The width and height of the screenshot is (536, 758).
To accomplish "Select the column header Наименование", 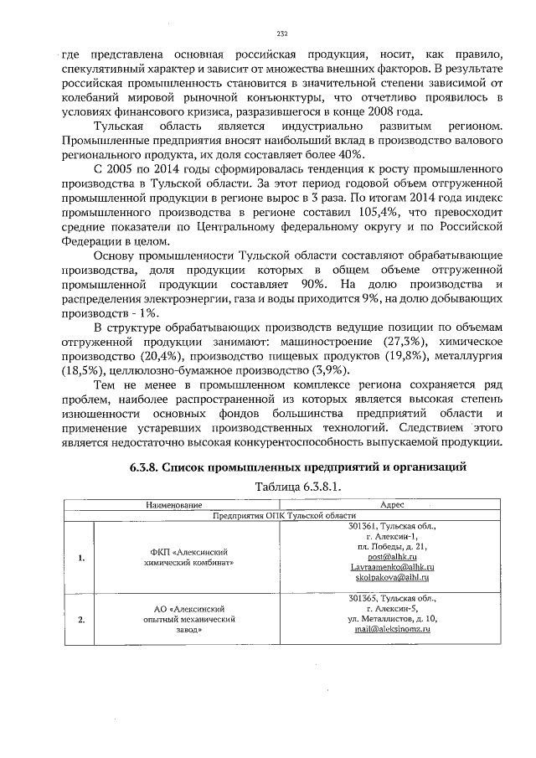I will [x=175, y=506].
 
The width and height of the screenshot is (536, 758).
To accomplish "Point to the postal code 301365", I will [x=363, y=598].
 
